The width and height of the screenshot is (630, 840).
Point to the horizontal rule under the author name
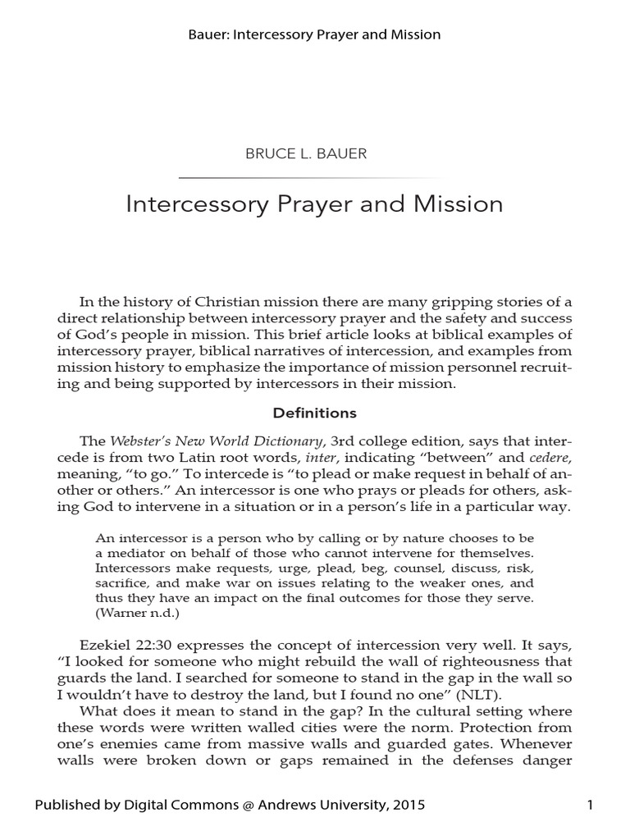314,178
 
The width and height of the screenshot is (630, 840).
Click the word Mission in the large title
459,204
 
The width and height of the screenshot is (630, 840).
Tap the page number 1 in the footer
590,806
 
